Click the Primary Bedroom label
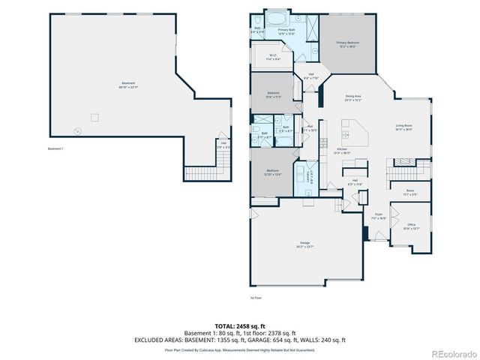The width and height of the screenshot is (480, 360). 347,44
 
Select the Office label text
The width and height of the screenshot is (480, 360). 411,226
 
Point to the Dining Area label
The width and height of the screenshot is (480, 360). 353,97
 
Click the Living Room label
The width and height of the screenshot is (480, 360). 404,127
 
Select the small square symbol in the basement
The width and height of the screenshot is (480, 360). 94,116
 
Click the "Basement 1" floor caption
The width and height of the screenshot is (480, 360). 55,148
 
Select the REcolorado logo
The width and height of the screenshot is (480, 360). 452,353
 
